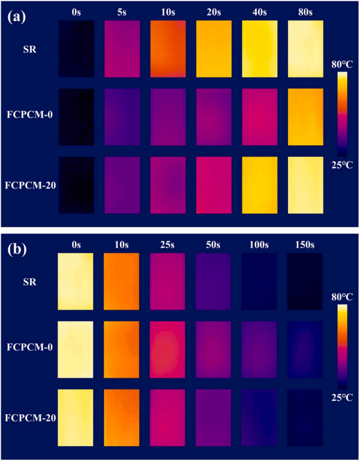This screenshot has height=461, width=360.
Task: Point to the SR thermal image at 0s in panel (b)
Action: point(76,280)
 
